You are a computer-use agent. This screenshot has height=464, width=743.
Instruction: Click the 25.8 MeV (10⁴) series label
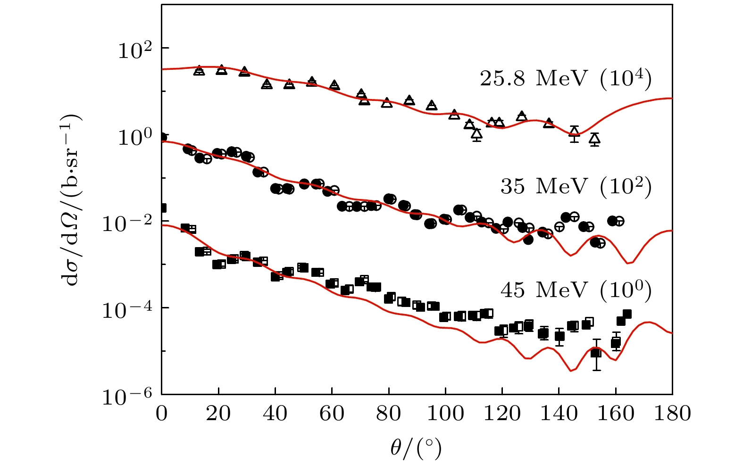click(566, 78)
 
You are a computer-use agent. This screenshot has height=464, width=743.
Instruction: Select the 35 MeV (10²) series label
click(576, 187)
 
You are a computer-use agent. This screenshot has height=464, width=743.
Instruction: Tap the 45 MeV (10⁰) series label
click(576, 290)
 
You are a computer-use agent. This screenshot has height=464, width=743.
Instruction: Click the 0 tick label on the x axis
click(162, 414)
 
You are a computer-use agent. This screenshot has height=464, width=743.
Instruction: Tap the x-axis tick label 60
click(332, 414)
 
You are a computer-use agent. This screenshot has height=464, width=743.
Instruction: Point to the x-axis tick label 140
click(559, 414)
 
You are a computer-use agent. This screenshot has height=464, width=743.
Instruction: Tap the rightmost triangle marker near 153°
click(594, 138)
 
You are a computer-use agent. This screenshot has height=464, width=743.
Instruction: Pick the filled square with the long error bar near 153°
click(596, 353)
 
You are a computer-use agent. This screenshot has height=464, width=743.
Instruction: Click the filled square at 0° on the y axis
click(162, 208)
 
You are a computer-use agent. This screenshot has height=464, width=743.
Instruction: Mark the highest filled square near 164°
click(627, 314)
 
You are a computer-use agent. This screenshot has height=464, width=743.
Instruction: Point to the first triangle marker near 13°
click(199, 70)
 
